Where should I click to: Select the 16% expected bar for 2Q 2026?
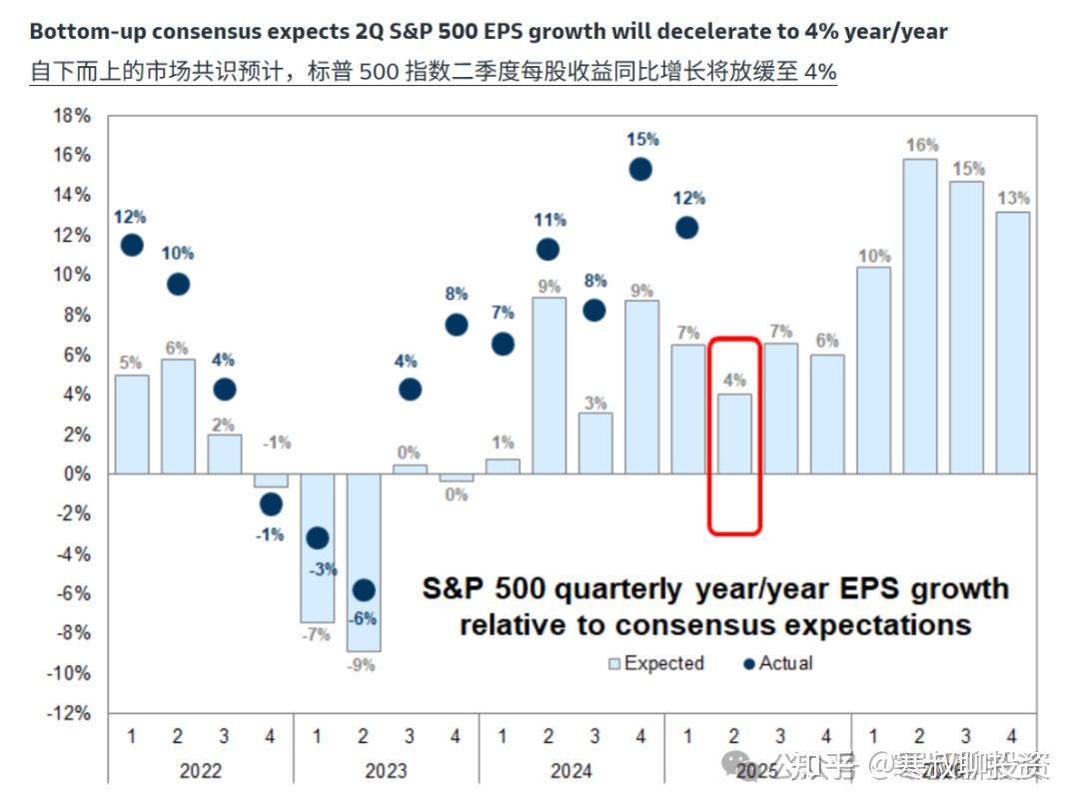coord(920,316)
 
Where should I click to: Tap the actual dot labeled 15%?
coord(639,170)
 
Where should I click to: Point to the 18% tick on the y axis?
coord(72,116)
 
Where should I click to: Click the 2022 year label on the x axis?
coord(201,770)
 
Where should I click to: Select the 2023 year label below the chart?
coord(386,770)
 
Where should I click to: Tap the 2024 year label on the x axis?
coord(570,770)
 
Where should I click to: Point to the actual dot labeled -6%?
coord(364,590)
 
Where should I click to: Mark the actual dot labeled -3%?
coord(318,538)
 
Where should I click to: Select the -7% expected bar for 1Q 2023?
coord(317,547)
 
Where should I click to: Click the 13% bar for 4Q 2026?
coord(1013,342)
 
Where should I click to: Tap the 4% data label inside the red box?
coord(734,380)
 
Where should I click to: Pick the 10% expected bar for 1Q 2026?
coord(874,370)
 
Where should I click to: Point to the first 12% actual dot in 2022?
coord(132,245)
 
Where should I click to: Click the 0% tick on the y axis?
coord(76,474)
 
